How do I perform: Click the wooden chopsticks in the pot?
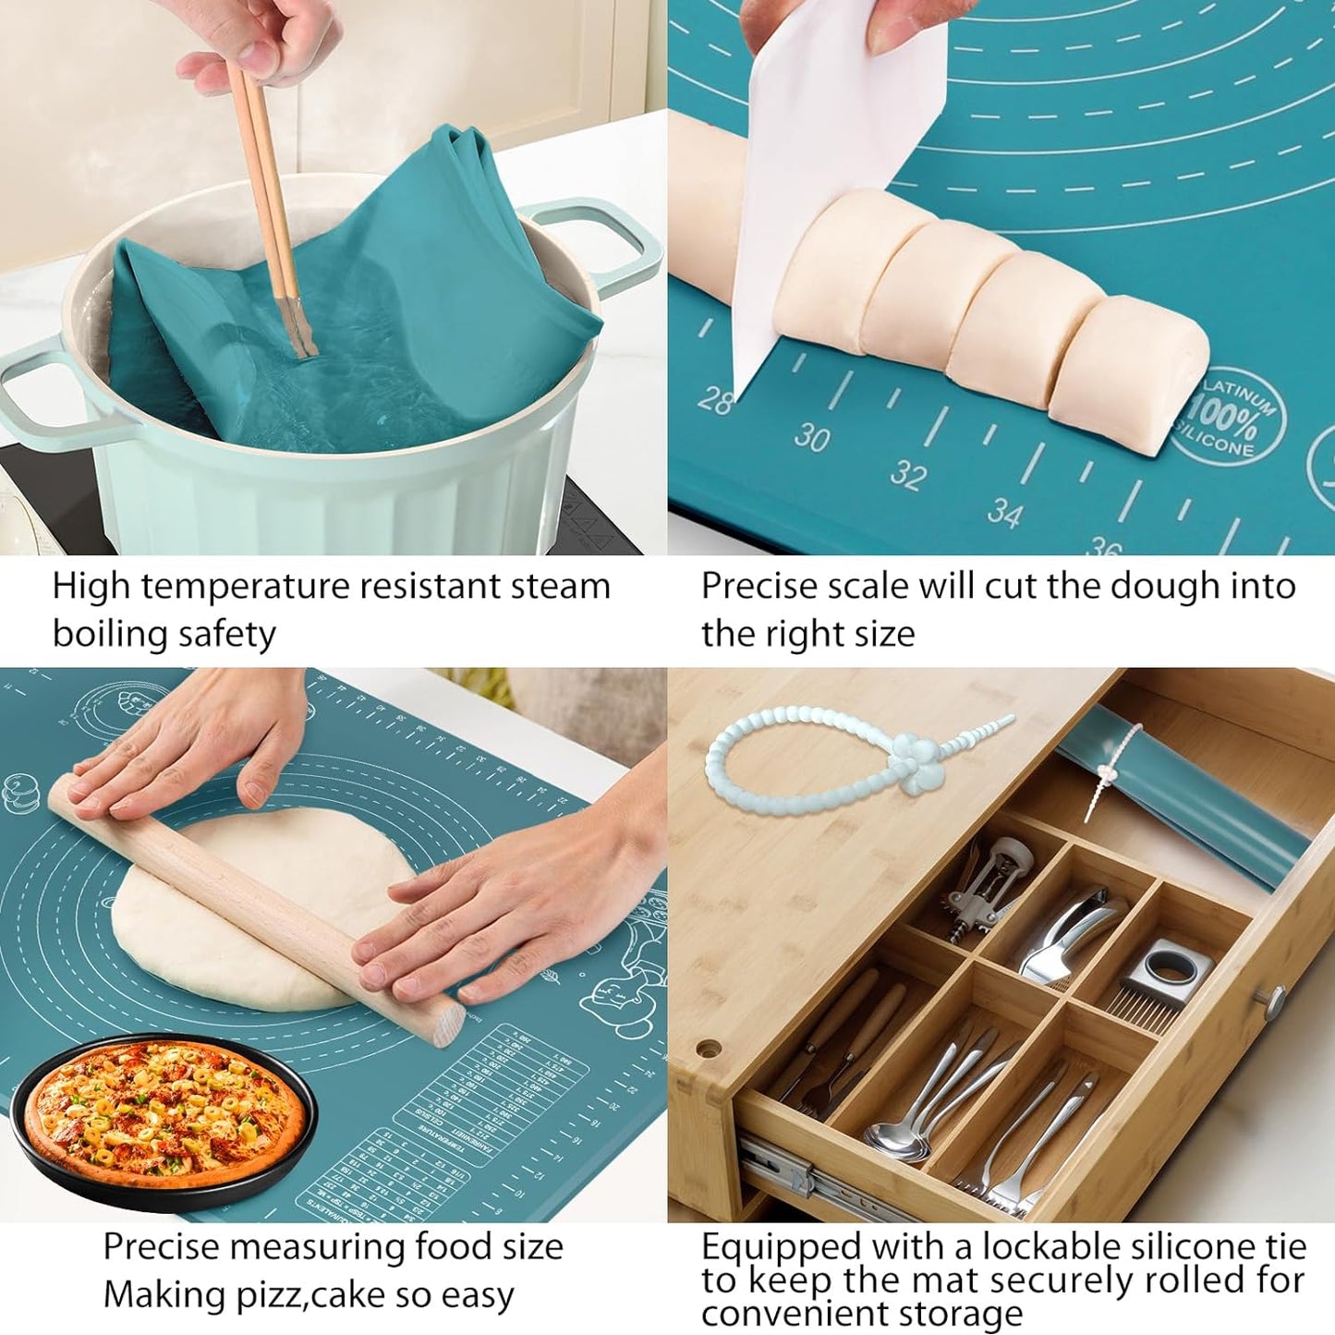point(268,203)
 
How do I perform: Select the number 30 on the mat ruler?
point(812,436)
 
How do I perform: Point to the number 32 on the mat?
point(908,475)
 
